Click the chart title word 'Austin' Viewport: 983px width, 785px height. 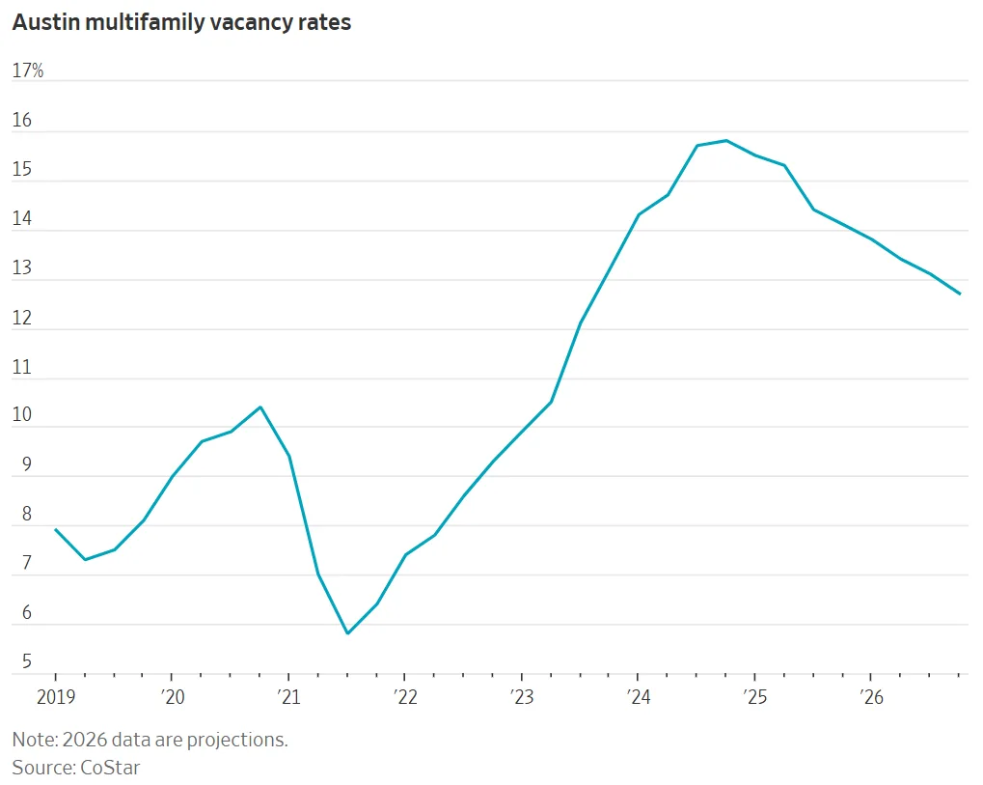43,23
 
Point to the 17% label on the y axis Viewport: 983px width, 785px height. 28,71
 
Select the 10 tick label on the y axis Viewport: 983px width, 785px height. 22,416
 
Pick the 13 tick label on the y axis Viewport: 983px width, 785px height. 22,268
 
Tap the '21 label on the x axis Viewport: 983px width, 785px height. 287,698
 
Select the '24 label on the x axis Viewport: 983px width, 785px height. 637,698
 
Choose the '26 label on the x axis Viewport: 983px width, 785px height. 870,698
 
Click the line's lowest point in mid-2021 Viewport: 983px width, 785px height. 347,633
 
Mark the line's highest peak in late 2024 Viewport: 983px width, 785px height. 725,140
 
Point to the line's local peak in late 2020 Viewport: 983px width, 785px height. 259,407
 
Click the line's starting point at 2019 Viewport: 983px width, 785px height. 55,529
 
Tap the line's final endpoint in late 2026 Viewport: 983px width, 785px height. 959,294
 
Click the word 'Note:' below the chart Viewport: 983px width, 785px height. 34,741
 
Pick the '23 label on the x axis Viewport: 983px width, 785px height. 521,698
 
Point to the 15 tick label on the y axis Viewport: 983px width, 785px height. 22,170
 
